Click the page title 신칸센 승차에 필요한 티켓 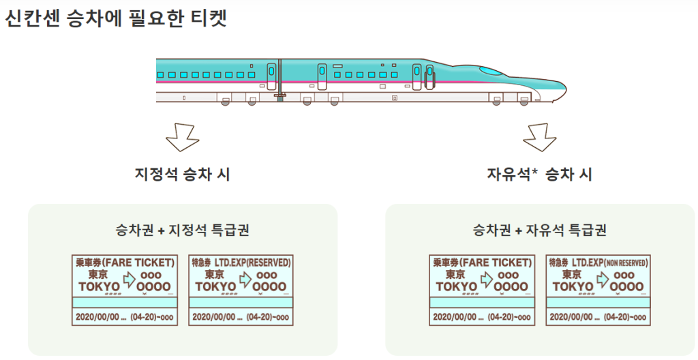click(x=115, y=18)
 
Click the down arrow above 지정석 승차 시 click(x=182, y=136)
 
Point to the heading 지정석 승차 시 click(x=182, y=175)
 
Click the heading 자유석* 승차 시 click(x=539, y=175)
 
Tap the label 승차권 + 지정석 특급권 click(x=182, y=230)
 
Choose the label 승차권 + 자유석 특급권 click(x=539, y=230)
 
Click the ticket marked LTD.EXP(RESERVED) click(x=241, y=290)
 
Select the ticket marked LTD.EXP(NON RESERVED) click(x=598, y=290)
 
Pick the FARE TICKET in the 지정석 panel click(x=125, y=290)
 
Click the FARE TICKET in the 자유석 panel click(x=482, y=290)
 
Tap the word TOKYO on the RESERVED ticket click(x=215, y=286)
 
